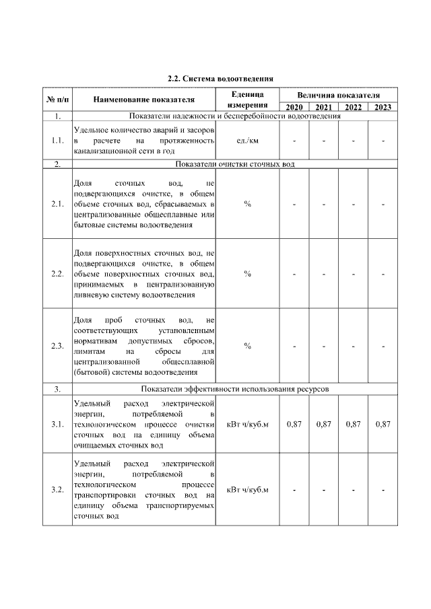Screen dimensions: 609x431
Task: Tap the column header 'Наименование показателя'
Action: pos(143,100)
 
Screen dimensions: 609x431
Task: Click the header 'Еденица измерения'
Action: pos(247,100)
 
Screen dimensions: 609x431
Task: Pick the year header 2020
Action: pos(294,107)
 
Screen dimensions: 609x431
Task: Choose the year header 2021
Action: pos(323,107)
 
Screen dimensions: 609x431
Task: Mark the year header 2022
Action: pos(353,107)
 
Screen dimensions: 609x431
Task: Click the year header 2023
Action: pos(383,107)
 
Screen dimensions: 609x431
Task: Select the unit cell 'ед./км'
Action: pos(247,141)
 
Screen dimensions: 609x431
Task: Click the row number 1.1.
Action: pos(57,141)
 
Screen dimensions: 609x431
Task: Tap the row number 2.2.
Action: pos(57,274)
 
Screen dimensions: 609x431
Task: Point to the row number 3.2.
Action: pos(57,489)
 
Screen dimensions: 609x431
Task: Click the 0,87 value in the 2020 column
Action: pos(294,425)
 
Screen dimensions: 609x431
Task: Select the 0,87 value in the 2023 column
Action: pos(383,425)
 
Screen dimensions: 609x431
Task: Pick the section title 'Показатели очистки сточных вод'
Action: pos(234,164)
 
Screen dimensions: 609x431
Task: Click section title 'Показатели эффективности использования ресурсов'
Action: pos(234,389)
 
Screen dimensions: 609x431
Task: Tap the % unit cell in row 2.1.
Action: pos(247,204)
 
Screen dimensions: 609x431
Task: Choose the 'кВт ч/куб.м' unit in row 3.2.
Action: pos(247,489)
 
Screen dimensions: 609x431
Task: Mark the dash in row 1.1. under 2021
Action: pos(323,141)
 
